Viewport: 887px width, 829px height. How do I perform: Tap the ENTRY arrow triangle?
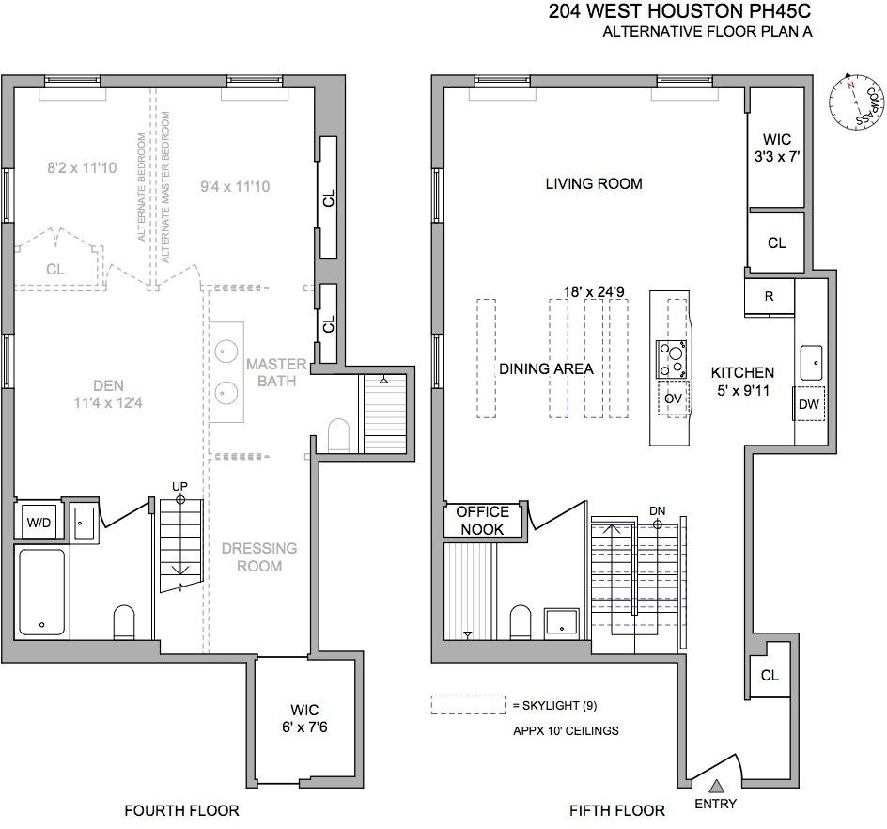(x=716, y=786)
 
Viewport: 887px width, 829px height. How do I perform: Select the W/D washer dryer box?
(x=39, y=522)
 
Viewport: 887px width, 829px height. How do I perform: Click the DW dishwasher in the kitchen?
(x=809, y=403)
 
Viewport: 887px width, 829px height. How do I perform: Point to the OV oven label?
(x=672, y=399)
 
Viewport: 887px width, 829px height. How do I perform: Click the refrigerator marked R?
(x=769, y=296)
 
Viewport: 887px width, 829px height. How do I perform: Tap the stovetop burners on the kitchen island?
(x=672, y=357)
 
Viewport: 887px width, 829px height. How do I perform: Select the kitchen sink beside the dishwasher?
(x=810, y=358)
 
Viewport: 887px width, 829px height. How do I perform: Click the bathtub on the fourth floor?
(x=42, y=592)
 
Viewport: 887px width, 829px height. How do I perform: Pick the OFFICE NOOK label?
(x=482, y=521)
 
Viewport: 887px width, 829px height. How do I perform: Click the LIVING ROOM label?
(x=594, y=184)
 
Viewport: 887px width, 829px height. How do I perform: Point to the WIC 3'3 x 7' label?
(x=777, y=149)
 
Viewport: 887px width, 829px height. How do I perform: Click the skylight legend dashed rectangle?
(x=468, y=704)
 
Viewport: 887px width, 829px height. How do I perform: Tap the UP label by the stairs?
(x=180, y=485)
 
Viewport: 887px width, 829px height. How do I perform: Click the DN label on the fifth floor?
(x=657, y=511)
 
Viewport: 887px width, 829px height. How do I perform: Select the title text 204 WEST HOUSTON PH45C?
(x=678, y=13)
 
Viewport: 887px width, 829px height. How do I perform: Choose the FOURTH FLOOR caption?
(x=181, y=810)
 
